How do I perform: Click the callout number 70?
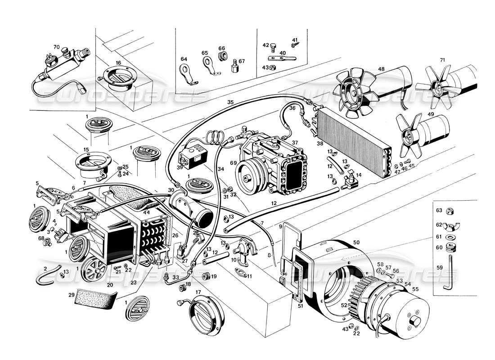(x=56, y=46)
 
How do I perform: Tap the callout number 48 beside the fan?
(x=381, y=69)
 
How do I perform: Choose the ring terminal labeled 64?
(x=185, y=72)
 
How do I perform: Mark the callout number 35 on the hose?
(x=230, y=102)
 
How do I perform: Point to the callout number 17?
(x=198, y=292)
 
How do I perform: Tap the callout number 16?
(x=118, y=63)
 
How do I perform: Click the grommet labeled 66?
(x=221, y=56)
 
